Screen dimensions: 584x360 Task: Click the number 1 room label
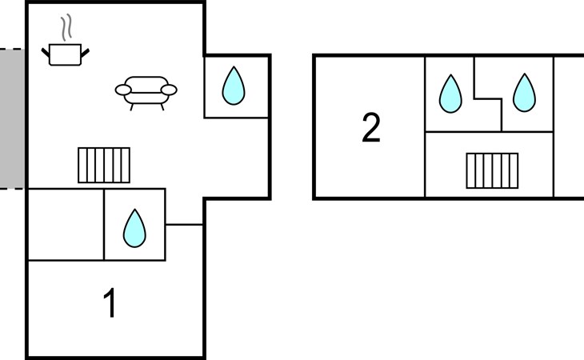pyautogui.click(x=110, y=303)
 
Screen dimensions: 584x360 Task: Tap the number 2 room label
pyautogui.click(x=371, y=127)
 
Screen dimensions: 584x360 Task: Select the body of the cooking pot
pyautogui.click(x=65, y=54)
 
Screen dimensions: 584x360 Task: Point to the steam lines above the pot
pyautogui.click(x=66, y=27)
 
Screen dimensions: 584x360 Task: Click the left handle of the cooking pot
pyautogui.click(x=45, y=53)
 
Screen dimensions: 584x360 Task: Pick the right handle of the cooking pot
pyautogui.click(x=86, y=53)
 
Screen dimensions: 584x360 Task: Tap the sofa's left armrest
pyautogui.click(x=123, y=90)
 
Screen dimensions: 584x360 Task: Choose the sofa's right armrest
pyautogui.click(x=169, y=90)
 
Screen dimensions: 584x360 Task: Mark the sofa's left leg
pyautogui.click(x=131, y=107)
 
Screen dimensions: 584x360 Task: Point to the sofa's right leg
pyautogui.click(x=162, y=107)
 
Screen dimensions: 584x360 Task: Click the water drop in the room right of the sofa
pyautogui.click(x=234, y=86)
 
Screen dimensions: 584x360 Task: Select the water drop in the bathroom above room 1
pyautogui.click(x=134, y=228)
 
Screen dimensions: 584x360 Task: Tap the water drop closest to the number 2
pyautogui.click(x=450, y=94)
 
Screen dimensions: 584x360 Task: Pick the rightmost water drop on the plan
pyautogui.click(x=525, y=93)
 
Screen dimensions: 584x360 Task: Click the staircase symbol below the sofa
pyautogui.click(x=104, y=166)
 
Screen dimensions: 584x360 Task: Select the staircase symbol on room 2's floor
pyautogui.click(x=492, y=171)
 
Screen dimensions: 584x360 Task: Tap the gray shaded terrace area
pyautogui.click(x=12, y=118)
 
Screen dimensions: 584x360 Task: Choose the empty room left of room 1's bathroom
pyautogui.click(x=66, y=225)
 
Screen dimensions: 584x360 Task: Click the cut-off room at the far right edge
pyautogui.click(x=569, y=127)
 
